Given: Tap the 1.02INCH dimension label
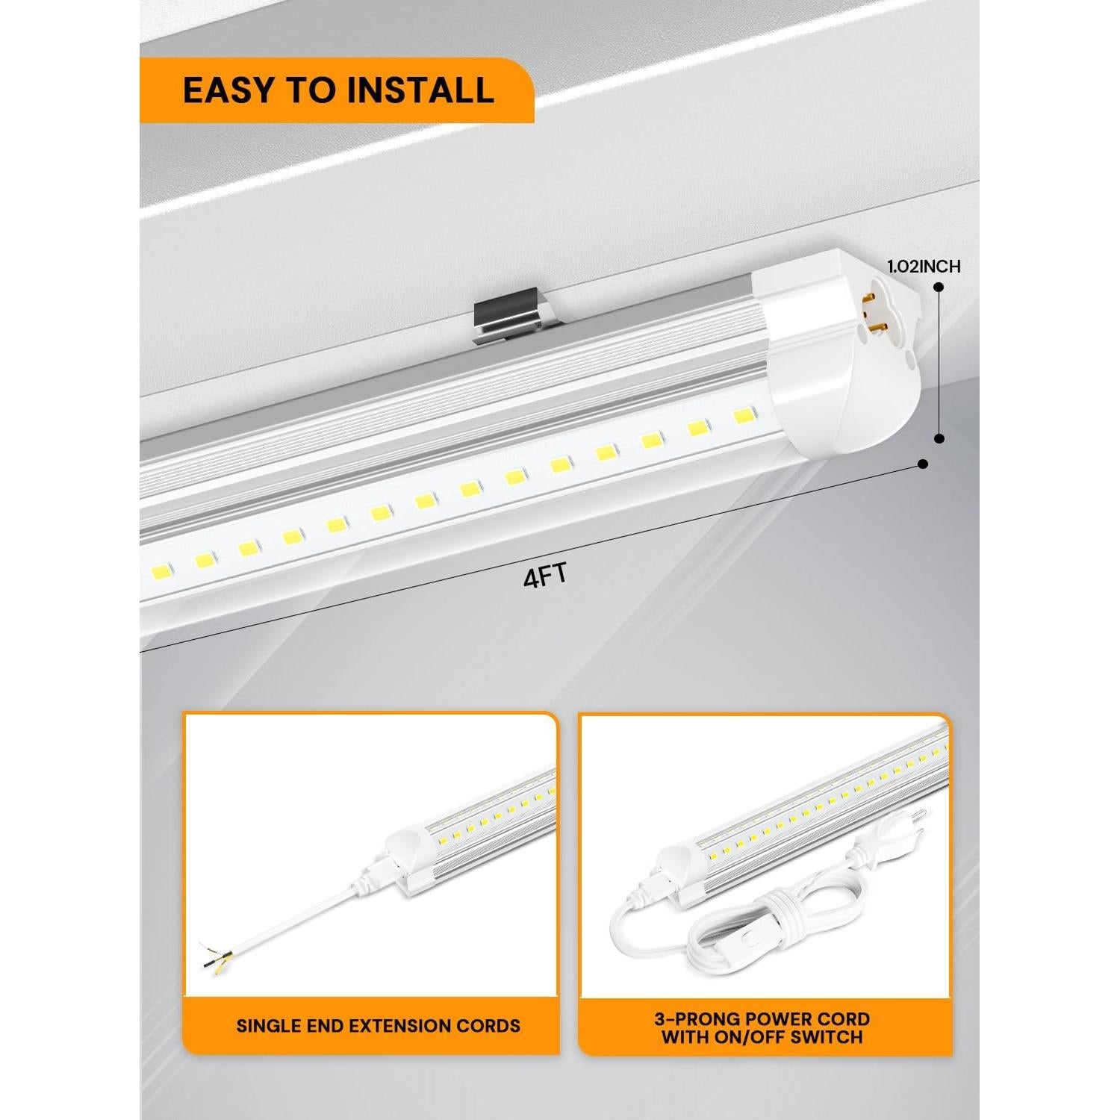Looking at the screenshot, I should tap(924, 267).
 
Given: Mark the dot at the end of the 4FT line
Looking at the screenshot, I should tap(923, 464).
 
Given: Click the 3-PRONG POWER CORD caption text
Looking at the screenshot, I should tap(766, 1019).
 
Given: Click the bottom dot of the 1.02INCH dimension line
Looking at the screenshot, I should tap(939, 439).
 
